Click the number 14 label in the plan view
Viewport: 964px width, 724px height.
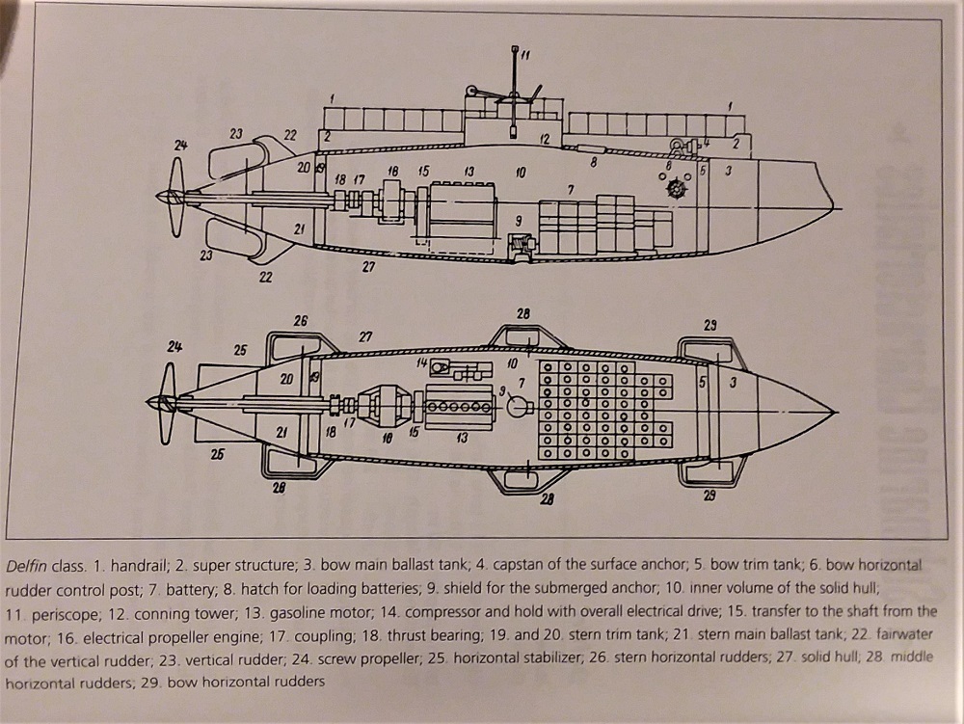[421, 362]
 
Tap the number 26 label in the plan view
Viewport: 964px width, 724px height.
[300, 321]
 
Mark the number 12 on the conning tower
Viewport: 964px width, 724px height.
[545, 140]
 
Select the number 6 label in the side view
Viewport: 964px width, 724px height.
[668, 165]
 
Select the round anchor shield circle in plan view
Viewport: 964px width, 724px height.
[520, 407]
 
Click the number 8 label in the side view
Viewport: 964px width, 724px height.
[594, 164]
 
